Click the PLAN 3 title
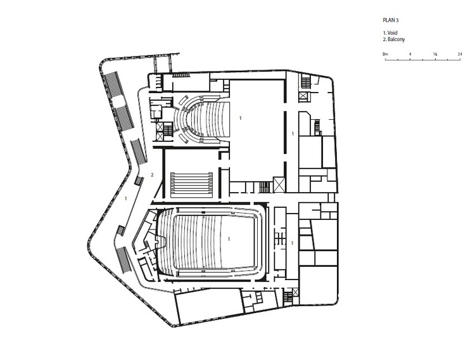(x=391, y=20)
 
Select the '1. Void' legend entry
(x=390, y=33)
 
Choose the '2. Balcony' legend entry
(x=394, y=39)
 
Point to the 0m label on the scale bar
(x=385, y=55)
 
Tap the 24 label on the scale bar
(x=460, y=54)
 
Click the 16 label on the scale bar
(x=435, y=54)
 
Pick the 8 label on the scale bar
(x=410, y=54)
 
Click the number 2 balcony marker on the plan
(x=152, y=175)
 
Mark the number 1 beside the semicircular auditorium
(x=241, y=118)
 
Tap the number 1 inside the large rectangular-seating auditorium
(x=229, y=239)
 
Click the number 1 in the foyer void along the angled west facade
(x=126, y=198)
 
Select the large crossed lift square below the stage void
(x=279, y=184)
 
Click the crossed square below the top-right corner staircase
(x=303, y=97)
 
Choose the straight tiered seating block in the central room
(x=191, y=184)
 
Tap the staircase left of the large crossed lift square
(x=265, y=187)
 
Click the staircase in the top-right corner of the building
(x=306, y=82)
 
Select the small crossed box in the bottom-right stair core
(x=295, y=292)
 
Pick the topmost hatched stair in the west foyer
(x=113, y=84)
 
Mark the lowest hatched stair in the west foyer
(x=123, y=260)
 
